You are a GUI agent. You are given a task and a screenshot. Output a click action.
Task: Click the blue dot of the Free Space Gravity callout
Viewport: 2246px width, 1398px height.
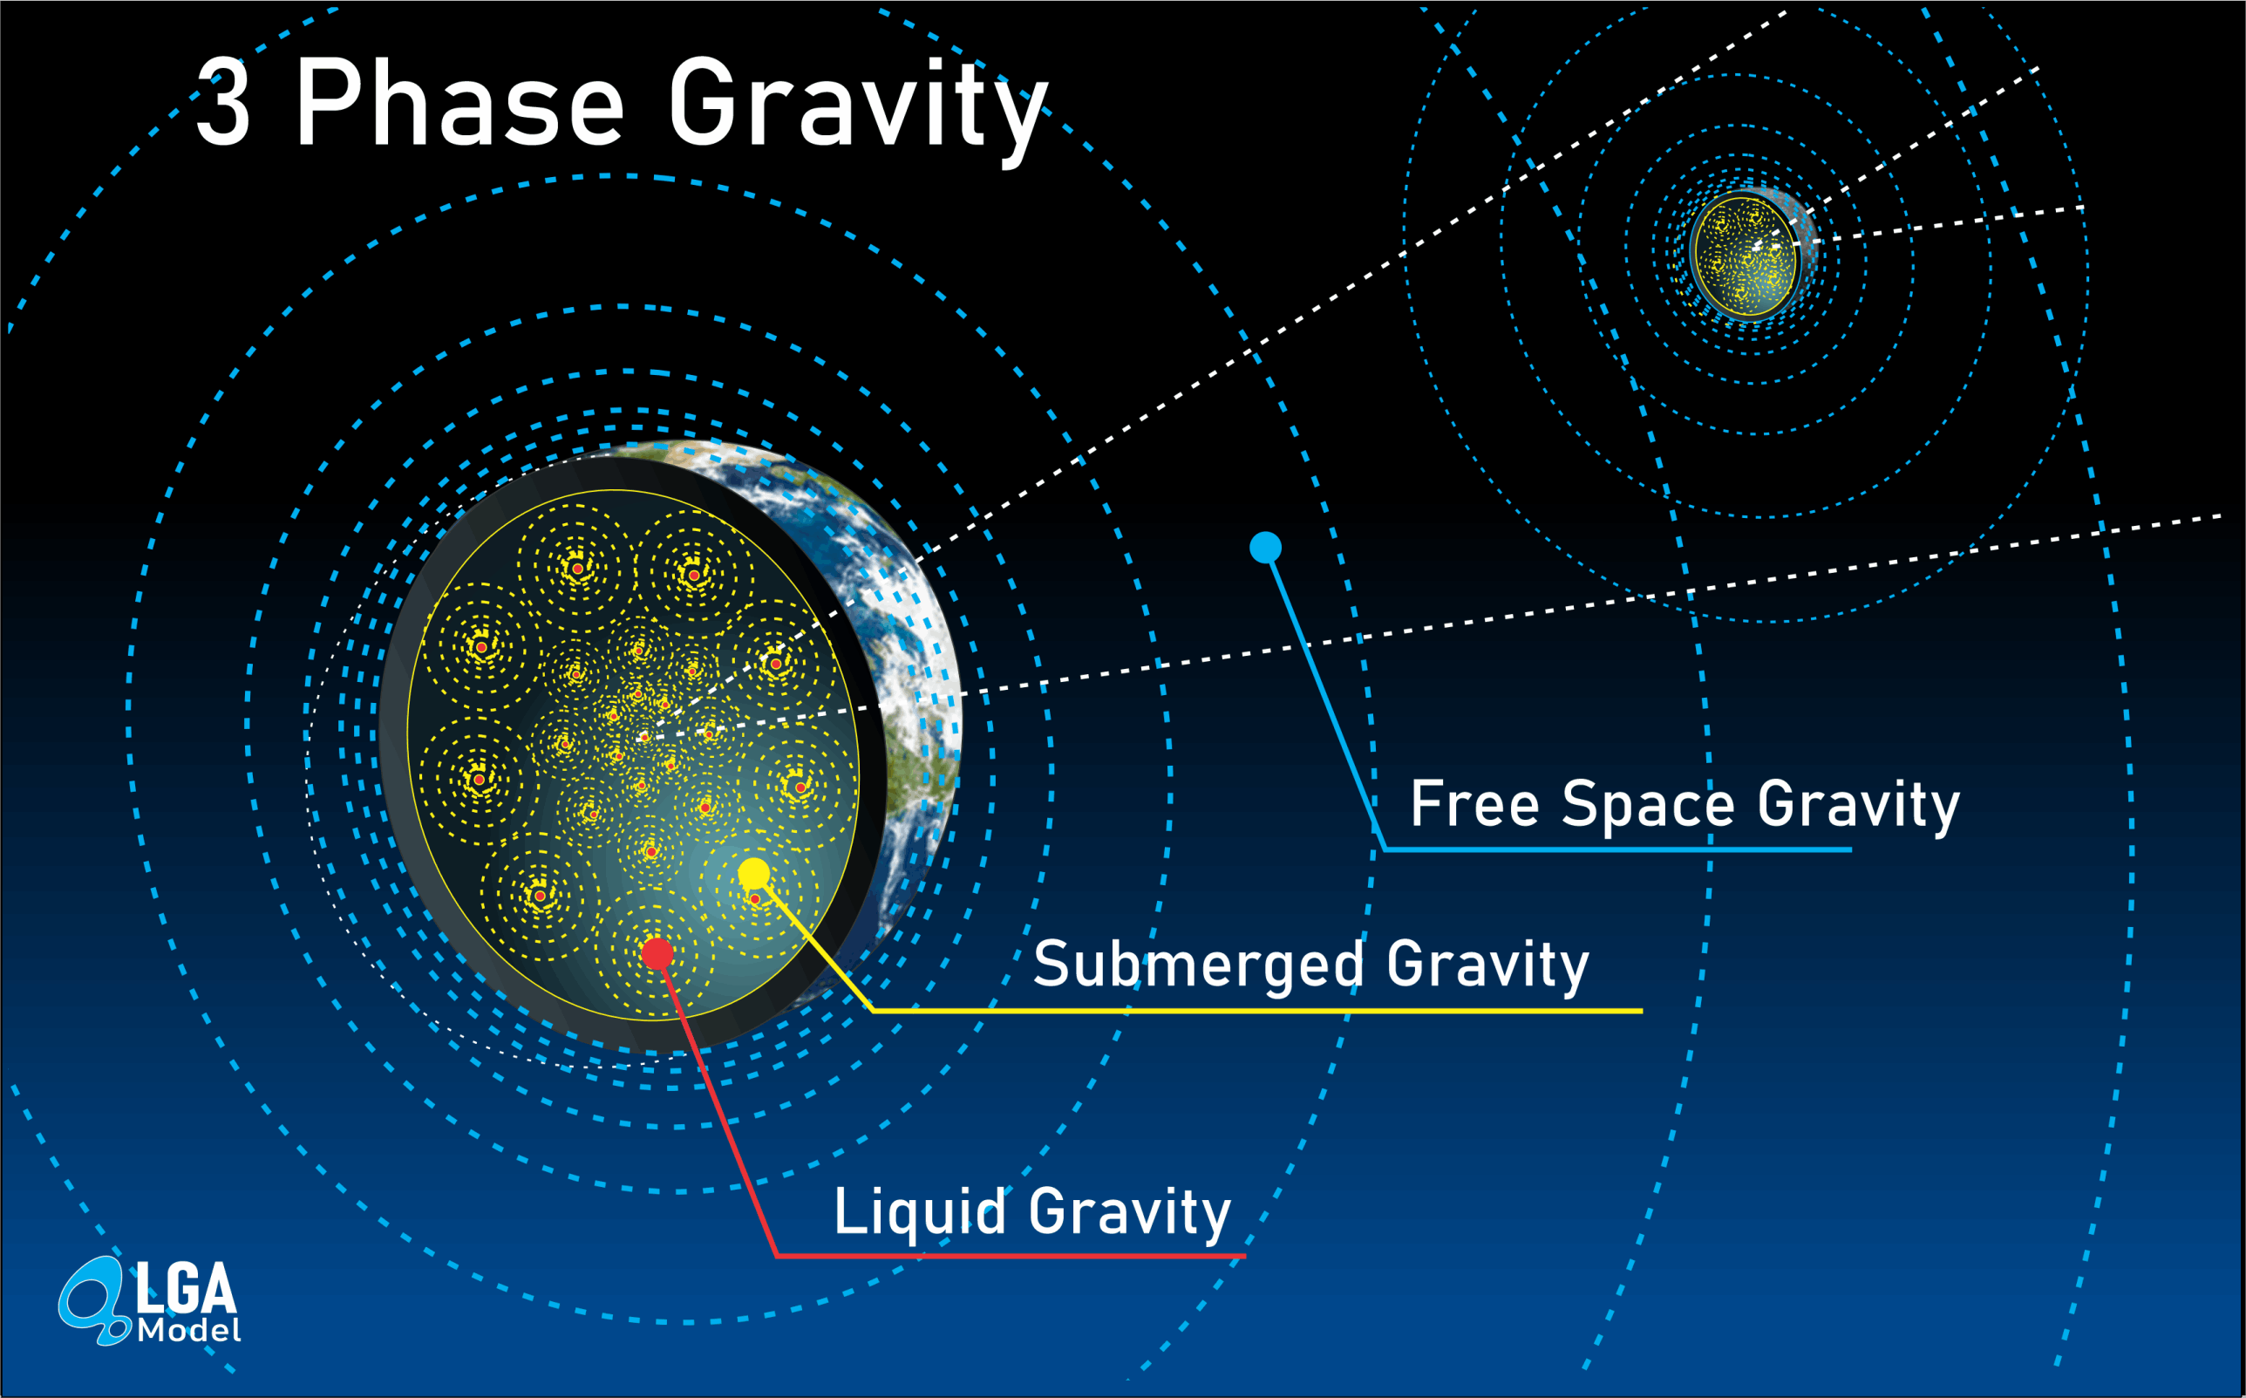point(1265,548)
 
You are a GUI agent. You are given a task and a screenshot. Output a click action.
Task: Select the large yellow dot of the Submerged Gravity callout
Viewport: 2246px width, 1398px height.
point(754,874)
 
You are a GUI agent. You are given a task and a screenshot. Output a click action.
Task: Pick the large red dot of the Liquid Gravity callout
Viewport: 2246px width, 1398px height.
point(657,953)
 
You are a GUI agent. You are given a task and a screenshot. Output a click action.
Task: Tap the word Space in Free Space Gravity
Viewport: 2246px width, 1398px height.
point(1648,808)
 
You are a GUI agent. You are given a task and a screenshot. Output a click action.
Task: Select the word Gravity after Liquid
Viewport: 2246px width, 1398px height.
point(1130,1214)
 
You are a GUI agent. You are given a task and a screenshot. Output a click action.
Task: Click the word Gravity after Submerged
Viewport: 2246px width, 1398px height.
point(1488,966)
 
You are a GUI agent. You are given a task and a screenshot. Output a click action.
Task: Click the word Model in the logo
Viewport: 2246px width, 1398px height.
point(188,1331)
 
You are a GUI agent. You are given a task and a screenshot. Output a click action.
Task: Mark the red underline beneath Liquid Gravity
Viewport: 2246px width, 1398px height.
point(1011,1257)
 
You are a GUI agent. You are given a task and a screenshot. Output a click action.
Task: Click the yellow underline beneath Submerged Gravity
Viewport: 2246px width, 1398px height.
point(1257,1011)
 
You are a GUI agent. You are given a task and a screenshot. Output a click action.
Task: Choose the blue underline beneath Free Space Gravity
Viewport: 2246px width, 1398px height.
point(1617,849)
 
